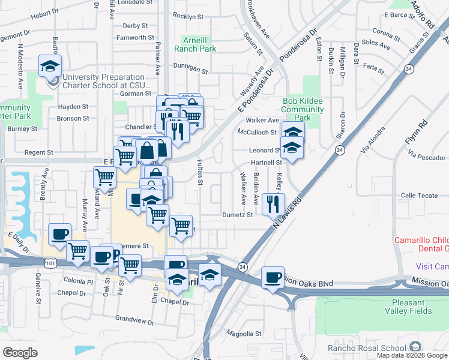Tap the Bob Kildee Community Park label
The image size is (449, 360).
click(x=303, y=110)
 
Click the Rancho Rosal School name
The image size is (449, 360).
click(x=367, y=348)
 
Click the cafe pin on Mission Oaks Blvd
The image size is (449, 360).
click(x=273, y=278)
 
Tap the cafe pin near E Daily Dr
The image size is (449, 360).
click(x=59, y=235)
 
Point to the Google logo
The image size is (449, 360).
click(x=20, y=353)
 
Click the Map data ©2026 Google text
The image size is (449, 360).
click(x=411, y=355)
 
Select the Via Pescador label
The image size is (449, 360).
click(x=427, y=157)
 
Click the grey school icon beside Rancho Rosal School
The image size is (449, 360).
click(x=415, y=347)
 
